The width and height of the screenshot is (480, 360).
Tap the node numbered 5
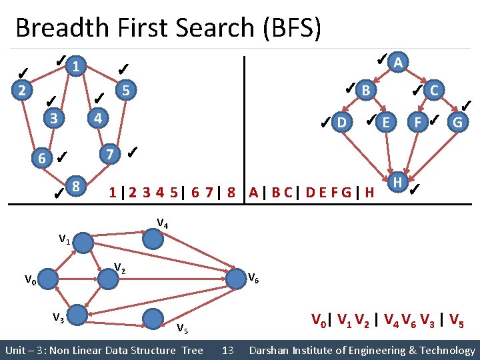point(125,89)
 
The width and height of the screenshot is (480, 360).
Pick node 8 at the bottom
point(77,185)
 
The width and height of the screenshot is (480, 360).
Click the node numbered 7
point(109,155)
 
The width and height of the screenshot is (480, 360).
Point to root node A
point(398,63)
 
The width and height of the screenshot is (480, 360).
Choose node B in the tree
point(365,89)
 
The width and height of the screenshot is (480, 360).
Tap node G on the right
point(457,122)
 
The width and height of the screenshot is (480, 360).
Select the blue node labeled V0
point(47,280)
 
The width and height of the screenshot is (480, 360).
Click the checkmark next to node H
point(415,190)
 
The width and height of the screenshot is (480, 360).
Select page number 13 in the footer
point(227,350)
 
